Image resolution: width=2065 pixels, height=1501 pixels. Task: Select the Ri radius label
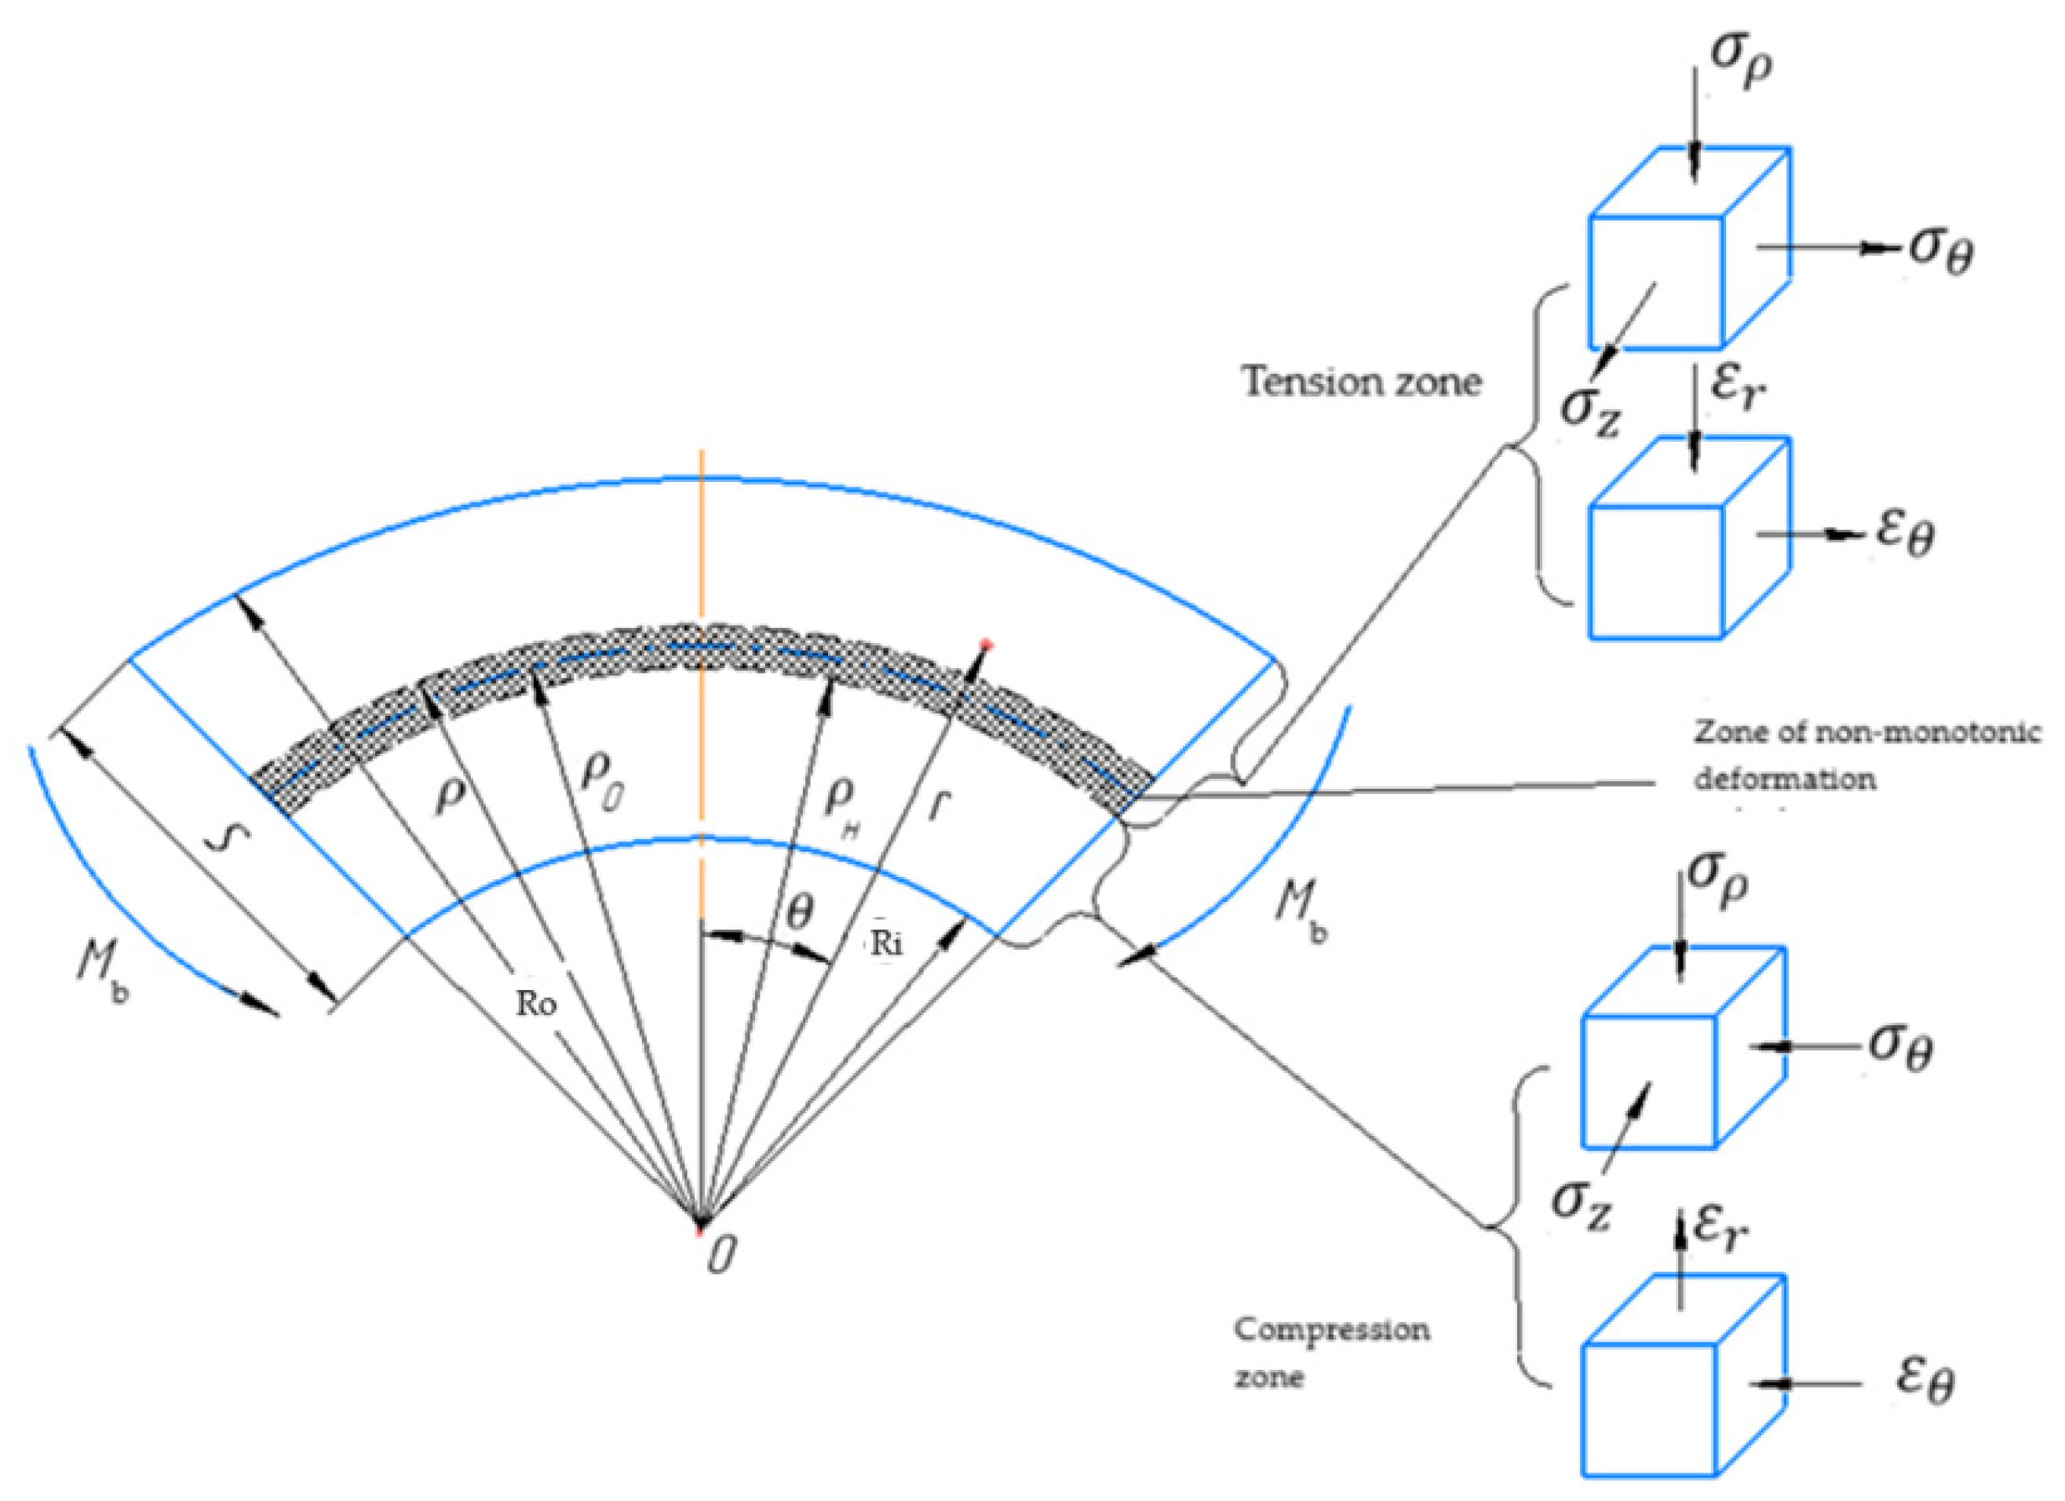886,944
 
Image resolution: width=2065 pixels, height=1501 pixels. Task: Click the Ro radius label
536,1004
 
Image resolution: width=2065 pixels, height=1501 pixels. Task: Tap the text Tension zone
1362,381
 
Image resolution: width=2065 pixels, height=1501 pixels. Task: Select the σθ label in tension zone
1940,251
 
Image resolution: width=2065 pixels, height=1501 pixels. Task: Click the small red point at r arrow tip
984,645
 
